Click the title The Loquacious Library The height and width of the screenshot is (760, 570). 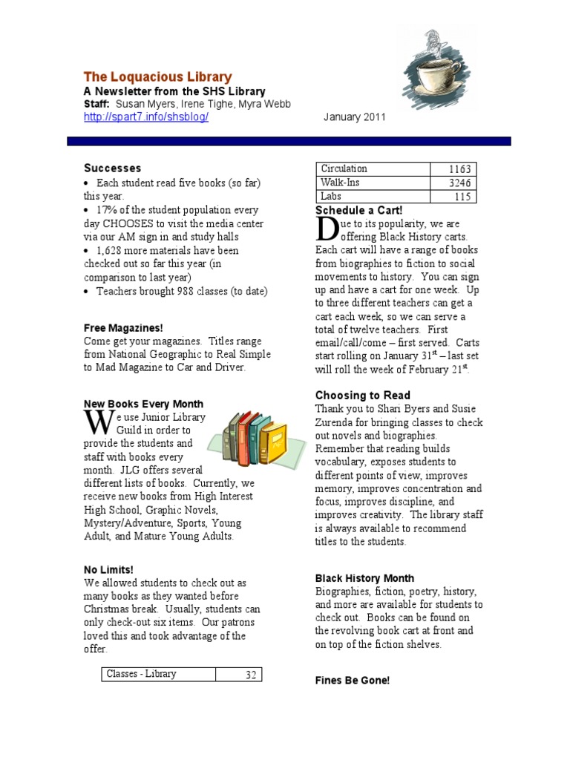pos(157,77)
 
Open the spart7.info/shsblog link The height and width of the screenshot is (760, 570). pos(145,118)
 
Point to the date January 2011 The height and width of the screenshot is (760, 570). pos(355,118)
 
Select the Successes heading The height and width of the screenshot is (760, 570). pos(112,168)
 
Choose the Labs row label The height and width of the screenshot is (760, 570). pos(331,197)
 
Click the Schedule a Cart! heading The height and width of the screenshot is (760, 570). pos(358,210)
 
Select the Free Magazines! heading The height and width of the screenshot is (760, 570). pos(122,328)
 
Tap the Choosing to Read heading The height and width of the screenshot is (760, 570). pos(362,396)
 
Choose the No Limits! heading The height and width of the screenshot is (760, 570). pos(108,570)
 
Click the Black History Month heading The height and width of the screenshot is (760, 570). pos(364,578)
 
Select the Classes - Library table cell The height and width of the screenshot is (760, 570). pos(142,674)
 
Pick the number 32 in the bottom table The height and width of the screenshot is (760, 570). pos(250,675)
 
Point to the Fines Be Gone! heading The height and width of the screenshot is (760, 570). pos(352,681)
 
